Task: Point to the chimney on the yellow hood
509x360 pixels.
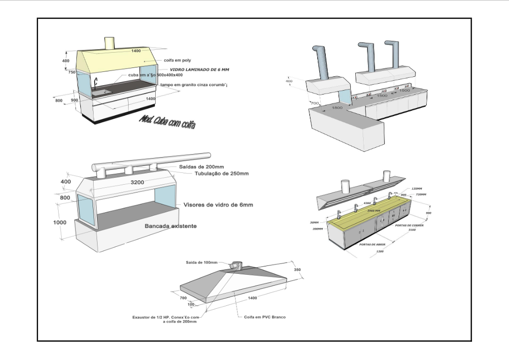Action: pos(110,43)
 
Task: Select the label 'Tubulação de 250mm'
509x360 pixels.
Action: pos(221,173)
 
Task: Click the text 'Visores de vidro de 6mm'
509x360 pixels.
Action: pos(218,205)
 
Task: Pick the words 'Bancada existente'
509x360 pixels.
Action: pos(171,226)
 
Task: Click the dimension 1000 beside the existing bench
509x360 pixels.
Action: pos(60,222)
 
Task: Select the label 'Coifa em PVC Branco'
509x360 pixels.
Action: pos(265,317)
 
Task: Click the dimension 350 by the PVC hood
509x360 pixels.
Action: pos(296,270)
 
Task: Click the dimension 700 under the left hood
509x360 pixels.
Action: pos(313,103)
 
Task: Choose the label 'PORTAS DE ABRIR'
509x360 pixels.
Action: pos(372,244)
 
